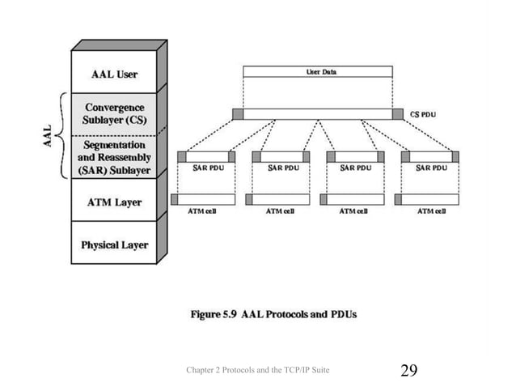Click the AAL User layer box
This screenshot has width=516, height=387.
tap(113, 74)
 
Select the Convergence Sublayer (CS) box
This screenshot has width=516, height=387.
tap(113, 113)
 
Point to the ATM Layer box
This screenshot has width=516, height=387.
tap(113, 202)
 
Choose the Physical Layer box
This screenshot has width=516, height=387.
tap(113, 245)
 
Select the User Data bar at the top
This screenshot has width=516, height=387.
tap(317, 71)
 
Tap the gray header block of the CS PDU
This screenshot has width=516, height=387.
tap(237, 114)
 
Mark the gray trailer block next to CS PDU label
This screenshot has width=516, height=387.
tap(398, 114)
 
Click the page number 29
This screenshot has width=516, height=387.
tap(409, 371)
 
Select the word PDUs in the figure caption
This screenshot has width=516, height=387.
tap(342, 312)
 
